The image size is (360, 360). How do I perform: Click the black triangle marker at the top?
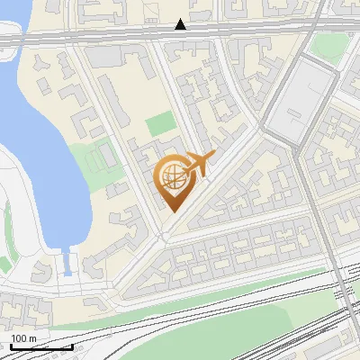point(181,24)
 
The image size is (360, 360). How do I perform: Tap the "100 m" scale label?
point(24,338)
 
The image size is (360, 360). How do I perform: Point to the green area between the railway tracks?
point(225,310)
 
